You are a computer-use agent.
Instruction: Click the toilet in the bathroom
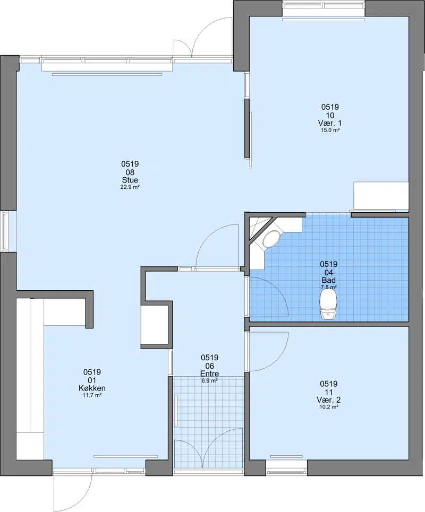point(328,305)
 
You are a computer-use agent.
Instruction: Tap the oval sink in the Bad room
point(271,239)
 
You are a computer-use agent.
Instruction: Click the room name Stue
point(130,180)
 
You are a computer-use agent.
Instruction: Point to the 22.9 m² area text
point(130,187)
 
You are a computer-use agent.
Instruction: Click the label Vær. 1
point(330,123)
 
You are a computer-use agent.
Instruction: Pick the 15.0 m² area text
point(330,130)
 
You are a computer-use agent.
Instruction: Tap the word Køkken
point(92,388)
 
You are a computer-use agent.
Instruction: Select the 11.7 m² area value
point(92,395)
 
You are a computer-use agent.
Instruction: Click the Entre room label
point(209,374)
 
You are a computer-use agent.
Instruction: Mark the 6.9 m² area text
point(209,380)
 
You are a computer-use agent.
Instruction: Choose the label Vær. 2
point(328,400)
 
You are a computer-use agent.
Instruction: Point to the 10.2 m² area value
point(328,407)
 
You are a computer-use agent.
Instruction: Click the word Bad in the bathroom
point(328,280)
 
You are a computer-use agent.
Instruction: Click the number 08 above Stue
point(130,172)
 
